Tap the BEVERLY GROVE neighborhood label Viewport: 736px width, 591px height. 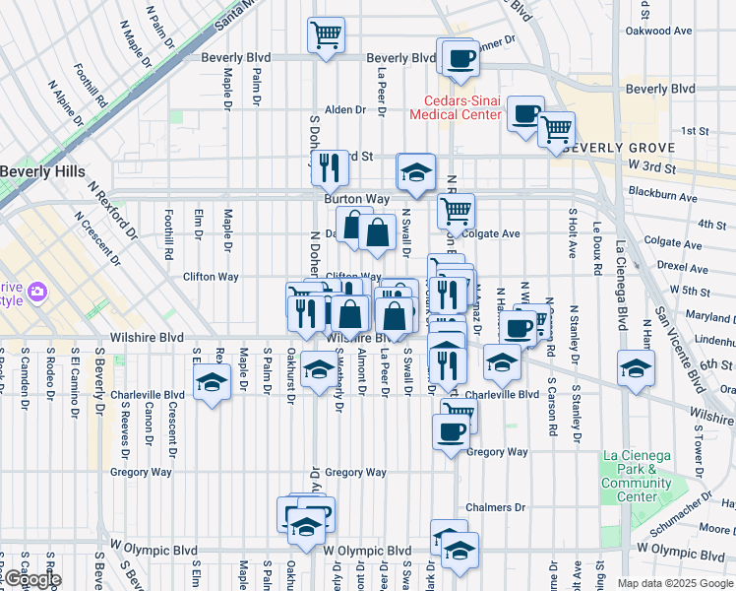point(619,148)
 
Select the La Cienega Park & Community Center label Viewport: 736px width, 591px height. point(636,476)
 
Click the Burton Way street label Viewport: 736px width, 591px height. point(351,198)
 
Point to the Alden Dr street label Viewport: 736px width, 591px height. point(345,109)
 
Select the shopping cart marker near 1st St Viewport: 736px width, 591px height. point(556,128)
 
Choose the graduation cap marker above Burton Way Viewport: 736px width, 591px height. point(416,171)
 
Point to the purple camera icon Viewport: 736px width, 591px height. point(37,291)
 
